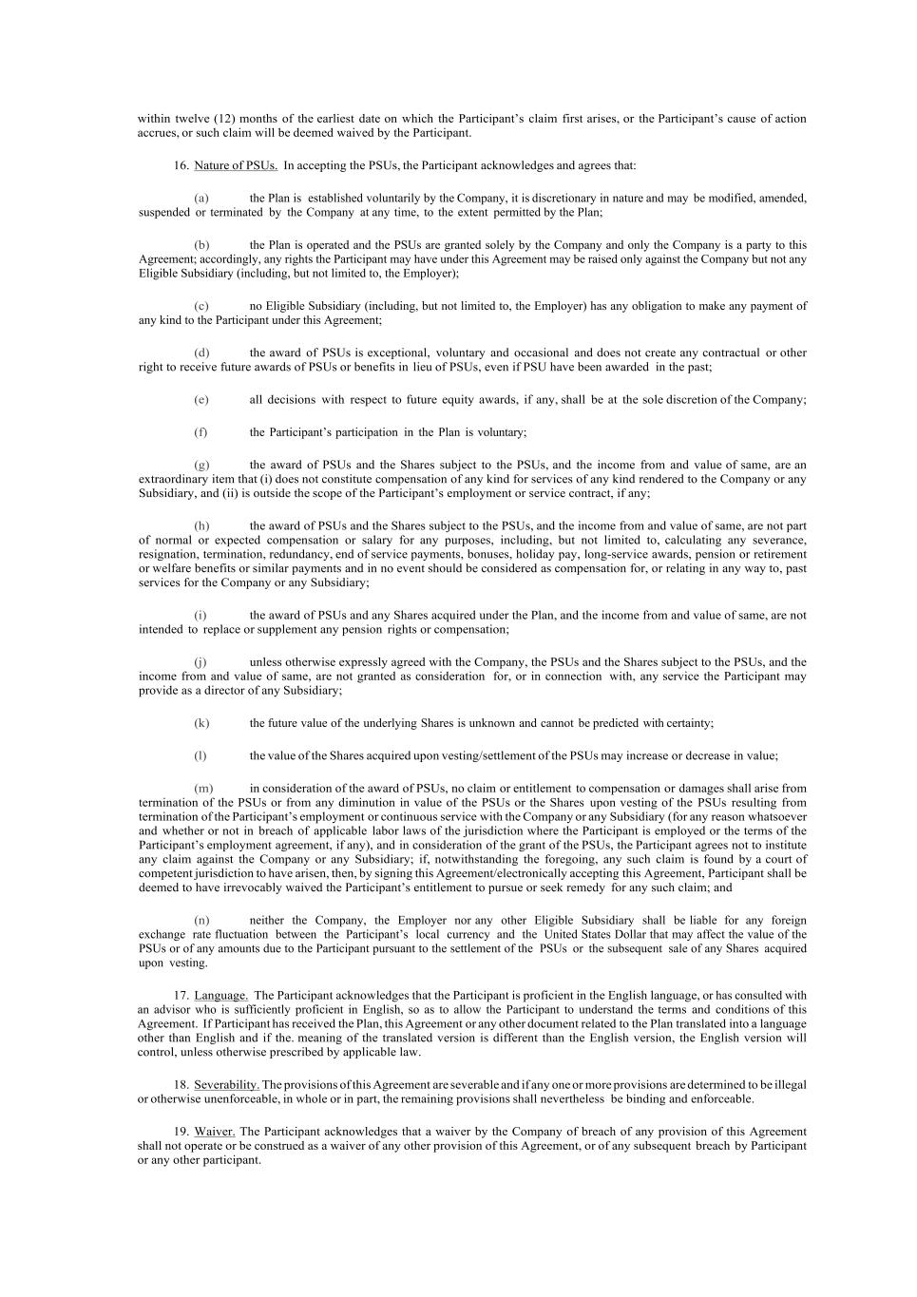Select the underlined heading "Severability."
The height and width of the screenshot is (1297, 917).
click(226, 1085)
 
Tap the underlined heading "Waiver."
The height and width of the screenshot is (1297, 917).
click(215, 1132)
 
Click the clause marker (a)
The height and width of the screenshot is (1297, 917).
click(201, 199)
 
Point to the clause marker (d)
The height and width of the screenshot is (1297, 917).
click(201, 353)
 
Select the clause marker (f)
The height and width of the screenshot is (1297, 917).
click(201, 432)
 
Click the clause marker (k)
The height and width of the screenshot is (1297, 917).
click(201, 723)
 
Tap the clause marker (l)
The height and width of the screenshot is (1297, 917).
click(201, 756)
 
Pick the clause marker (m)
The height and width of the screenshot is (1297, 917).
click(203, 789)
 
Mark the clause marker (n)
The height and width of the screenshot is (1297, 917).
click(202, 920)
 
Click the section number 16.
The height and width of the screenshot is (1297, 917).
click(181, 165)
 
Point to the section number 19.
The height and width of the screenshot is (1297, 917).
click(181, 1132)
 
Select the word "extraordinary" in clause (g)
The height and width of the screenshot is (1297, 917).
click(171, 479)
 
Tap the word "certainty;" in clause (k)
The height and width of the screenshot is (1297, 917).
click(690, 723)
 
